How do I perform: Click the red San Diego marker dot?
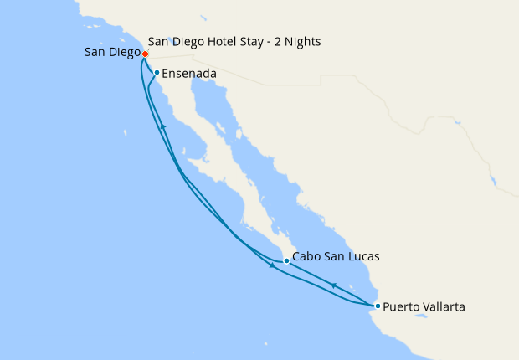pos(145,54)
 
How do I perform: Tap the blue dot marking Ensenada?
pos(157,72)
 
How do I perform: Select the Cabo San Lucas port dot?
pos(286,260)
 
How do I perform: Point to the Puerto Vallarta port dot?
pos(378,306)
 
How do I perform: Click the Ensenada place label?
pos(189,74)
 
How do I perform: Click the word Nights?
pos(303,41)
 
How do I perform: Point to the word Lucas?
pos(362,257)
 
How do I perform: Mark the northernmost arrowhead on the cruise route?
pos(164,126)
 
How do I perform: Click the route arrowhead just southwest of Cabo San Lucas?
pos(271,266)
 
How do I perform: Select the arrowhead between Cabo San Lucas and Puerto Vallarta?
pos(333,285)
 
